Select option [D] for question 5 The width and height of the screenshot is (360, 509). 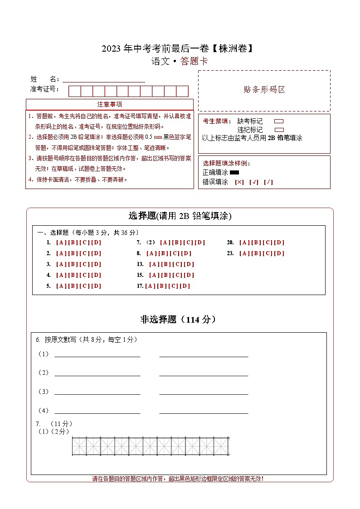[x=96, y=286]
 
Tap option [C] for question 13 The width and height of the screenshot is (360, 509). [x=177, y=264]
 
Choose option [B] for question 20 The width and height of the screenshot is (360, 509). [x=256, y=242]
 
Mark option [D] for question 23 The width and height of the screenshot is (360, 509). [x=279, y=253]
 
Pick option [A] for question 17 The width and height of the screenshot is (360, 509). [x=150, y=286]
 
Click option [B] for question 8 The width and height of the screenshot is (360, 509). [x=163, y=253]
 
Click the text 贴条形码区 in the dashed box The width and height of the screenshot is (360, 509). [x=264, y=90]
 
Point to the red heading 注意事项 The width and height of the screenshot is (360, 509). [x=109, y=105]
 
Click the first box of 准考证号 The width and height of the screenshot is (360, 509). [x=74, y=92]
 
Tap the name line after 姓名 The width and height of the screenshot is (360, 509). [x=104, y=80]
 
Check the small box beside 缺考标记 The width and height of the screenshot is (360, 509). [x=279, y=121]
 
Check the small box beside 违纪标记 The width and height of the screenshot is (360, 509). [x=279, y=130]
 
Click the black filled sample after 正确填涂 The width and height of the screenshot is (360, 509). [x=234, y=173]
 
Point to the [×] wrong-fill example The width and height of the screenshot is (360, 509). [x=239, y=182]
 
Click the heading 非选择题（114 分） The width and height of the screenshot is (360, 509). [x=178, y=320]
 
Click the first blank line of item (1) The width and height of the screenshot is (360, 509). [x=97, y=355]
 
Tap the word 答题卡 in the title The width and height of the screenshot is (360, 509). [x=194, y=62]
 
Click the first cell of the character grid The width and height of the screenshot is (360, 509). [x=79, y=446]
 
